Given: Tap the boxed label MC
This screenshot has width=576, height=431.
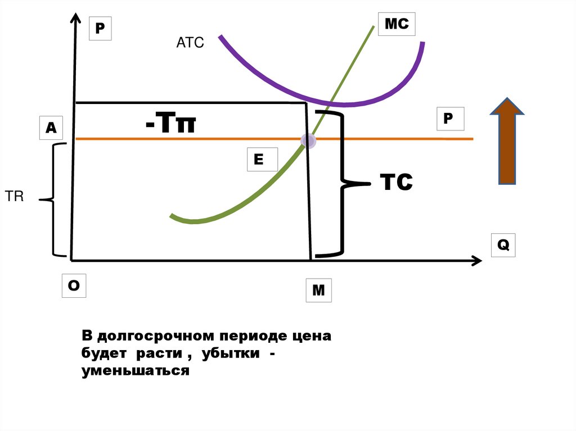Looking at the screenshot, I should (x=397, y=25).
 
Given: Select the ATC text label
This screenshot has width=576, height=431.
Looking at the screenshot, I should (x=190, y=43).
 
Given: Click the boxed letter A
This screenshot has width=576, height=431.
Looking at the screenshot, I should (x=51, y=128).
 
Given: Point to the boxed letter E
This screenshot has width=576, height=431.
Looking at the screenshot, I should (x=259, y=160).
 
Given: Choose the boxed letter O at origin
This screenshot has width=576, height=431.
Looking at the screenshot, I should (x=74, y=286).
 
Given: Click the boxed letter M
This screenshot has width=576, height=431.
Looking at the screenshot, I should (x=318, y=291).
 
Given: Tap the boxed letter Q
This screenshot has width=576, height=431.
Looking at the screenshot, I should (x=503, y=246).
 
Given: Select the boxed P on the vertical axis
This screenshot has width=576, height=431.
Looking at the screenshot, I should (x=100, y=29).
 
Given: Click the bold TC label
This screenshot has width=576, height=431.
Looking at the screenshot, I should (x=397, y=182).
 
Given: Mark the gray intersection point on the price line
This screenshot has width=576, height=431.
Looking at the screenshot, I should (x=308, y=140).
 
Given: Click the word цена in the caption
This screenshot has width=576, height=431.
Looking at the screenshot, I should (x=312, y=337).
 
